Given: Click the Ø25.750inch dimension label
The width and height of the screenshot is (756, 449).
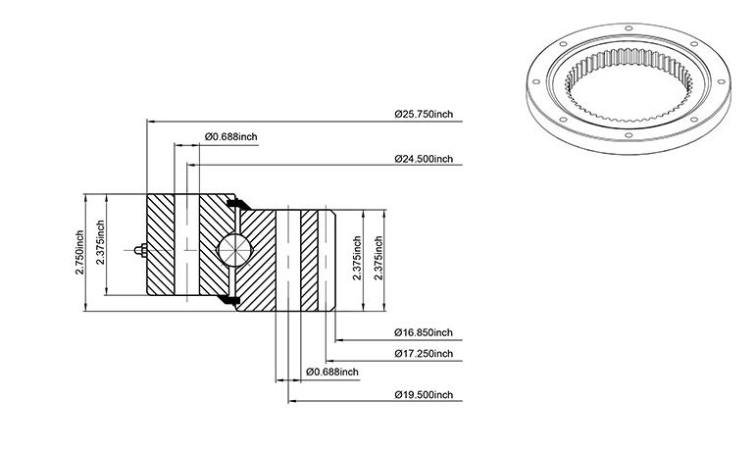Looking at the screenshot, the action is point(424,115).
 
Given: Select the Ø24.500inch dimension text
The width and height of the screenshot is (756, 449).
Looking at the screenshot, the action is point(424,159).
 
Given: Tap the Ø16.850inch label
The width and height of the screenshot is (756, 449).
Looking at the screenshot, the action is point(424,332).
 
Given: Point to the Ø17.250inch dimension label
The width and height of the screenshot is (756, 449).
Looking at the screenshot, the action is point(424,354).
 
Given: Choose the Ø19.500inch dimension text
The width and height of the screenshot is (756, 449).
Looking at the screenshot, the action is point(424,394).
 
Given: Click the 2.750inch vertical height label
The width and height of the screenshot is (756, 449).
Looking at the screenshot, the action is point(79,252).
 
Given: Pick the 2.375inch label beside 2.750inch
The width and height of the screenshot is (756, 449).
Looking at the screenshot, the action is point(100,242).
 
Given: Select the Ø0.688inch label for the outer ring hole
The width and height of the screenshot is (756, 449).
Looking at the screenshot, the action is point(231,136).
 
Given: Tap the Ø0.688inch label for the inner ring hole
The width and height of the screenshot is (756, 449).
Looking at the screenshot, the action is point(332,372).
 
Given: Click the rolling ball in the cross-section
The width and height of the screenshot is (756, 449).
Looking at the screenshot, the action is point(234,249).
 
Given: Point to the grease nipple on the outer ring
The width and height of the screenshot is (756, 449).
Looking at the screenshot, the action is point(141,250).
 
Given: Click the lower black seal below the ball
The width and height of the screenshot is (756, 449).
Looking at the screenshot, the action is point(228,300).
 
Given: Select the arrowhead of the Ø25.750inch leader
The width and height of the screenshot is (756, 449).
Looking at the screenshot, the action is point(150,122).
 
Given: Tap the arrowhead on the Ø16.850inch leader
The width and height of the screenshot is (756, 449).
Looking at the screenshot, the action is point(339,340).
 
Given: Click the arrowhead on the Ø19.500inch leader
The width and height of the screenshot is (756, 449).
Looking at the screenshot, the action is point(292,401).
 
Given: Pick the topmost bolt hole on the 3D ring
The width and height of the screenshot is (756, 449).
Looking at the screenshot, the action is point(628,28).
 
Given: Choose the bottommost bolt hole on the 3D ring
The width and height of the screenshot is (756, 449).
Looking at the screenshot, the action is point(628,135).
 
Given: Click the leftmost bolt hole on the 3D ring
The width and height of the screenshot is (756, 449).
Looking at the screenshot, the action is point(535,82).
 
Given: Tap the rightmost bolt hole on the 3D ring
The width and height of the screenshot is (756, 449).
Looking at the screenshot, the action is point(722,81).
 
